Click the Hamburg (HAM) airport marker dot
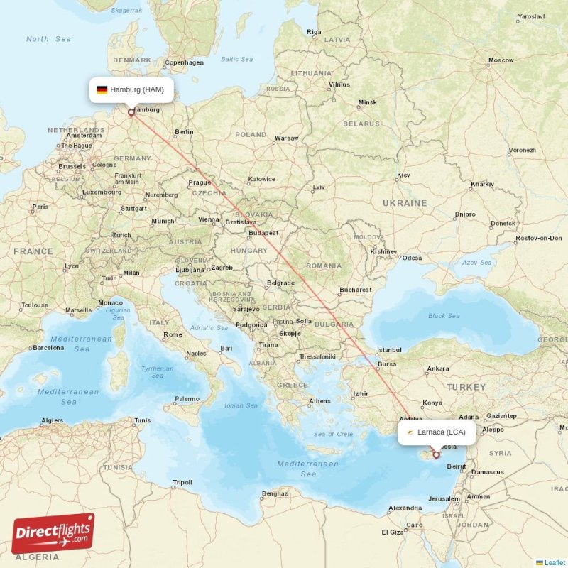pyautogui.click(x=131, y=111)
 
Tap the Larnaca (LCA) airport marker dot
pyautogui.click(x=436, y=454)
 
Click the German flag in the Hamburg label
pyautogui.click(x=102, y=89)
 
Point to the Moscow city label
pyautogui.click(x=501, y=60)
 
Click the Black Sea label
pyautogui.click(x=444, y=316)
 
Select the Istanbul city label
pyautogui.click(x=389, y=349)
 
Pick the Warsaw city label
pyautogui.click(x=286, y=138)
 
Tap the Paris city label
pyautogui.click(x=40, y=207)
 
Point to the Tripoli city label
pyautogui.click(x=182, y=483)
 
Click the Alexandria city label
pyautogui.click(x=405, y=508)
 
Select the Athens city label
pyautogui.click(x=319, y=401)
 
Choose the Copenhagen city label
pyautogui.click(x=185, y=62)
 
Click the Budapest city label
pyautogui.click(x=263, y=233)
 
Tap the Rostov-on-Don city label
pyautogui.click(x=540, y=238)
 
